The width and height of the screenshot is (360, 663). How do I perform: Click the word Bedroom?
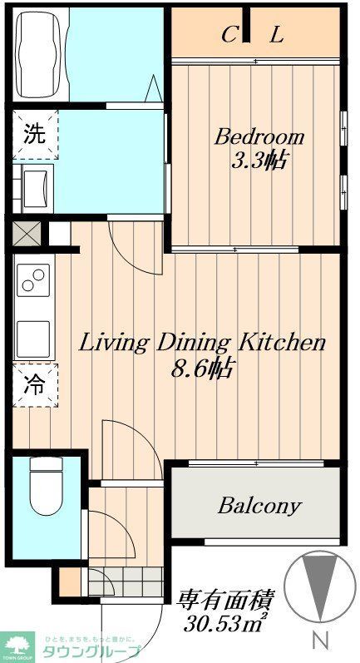point(259,136)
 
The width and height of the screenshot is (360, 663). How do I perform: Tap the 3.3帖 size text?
point(259,160)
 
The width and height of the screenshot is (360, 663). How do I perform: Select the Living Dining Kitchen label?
point(201,342)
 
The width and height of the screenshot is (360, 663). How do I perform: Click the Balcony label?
point(259,506)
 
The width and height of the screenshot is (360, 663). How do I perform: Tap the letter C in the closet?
point(228,35)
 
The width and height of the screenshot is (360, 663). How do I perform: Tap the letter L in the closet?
point(277,35)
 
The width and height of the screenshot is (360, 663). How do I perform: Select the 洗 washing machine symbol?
point(34,133)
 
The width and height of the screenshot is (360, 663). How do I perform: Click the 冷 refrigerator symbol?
point(34,384)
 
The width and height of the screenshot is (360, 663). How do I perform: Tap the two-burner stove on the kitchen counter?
point(34,283)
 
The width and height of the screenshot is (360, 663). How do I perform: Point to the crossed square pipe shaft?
point(25,233)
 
